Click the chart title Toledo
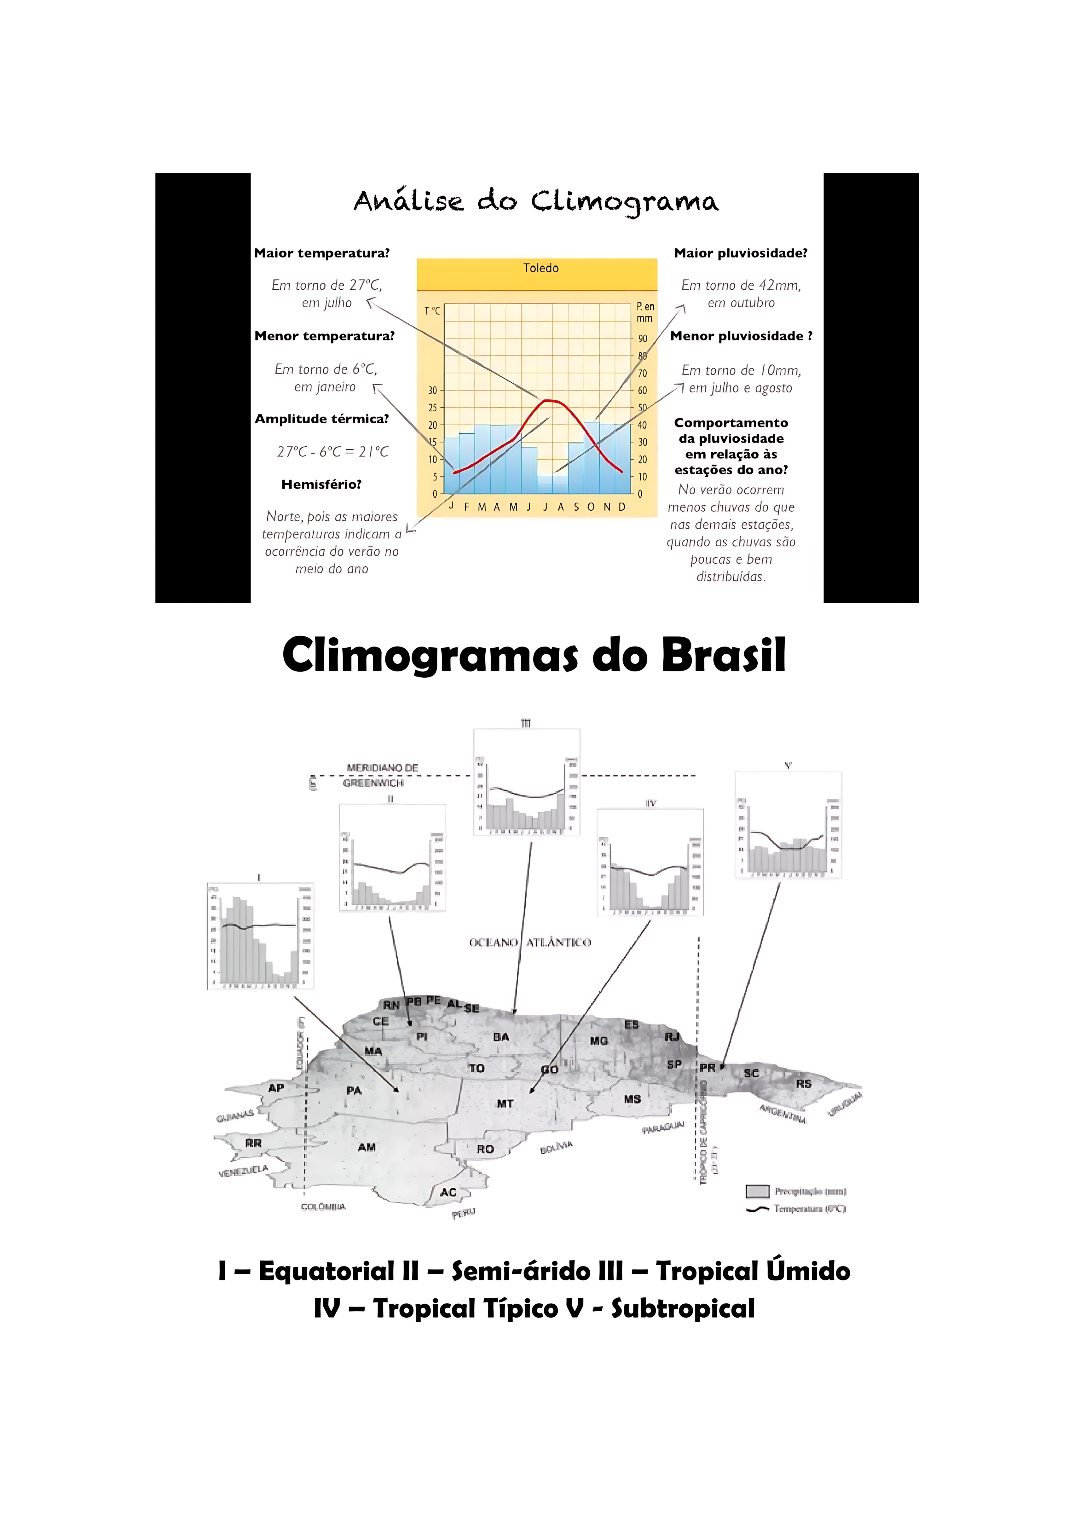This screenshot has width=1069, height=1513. [x=541, y=268]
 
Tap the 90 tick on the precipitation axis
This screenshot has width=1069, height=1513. [x=642, y=339]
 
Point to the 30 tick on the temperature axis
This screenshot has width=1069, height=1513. [x=433, y=391]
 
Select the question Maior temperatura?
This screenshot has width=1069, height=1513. [x=322, y=253]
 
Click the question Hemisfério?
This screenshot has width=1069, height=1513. [x=321, y=484]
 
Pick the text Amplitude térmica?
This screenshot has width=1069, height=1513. [x=322, y=419]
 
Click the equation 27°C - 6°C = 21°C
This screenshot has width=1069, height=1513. [x=332, y=451]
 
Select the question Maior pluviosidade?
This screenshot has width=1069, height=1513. [x=740, y=253]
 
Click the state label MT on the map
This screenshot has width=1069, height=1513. [x=505, y=1104]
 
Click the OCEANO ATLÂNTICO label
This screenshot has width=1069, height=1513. [x=530, y=942]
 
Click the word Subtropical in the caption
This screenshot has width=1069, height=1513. [x=683, y=1308]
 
